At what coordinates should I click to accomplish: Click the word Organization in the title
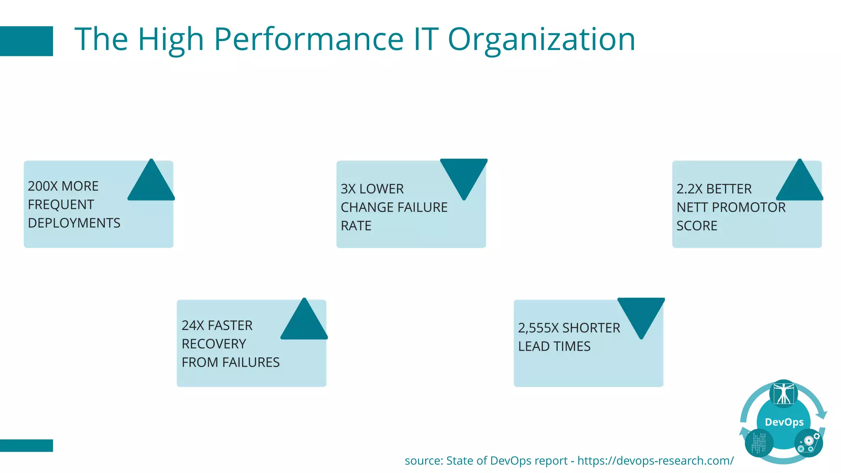click(x=541, y=39)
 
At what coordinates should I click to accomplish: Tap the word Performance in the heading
click(x=309, y=39)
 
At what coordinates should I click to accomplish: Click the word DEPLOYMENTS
click(x=74, y=223)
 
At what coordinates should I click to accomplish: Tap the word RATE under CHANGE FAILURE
click(x=356, y=226)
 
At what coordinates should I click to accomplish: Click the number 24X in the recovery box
click(x=193, y=326)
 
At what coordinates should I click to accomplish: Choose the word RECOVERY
click(x=214, y=344)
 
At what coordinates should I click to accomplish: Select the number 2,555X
click(x=538, y=328)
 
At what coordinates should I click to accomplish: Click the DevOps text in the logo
click(x=784, y=422)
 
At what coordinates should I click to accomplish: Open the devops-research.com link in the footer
click(x=655, y=461)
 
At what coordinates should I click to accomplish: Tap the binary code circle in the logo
click(x=759, y=443)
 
